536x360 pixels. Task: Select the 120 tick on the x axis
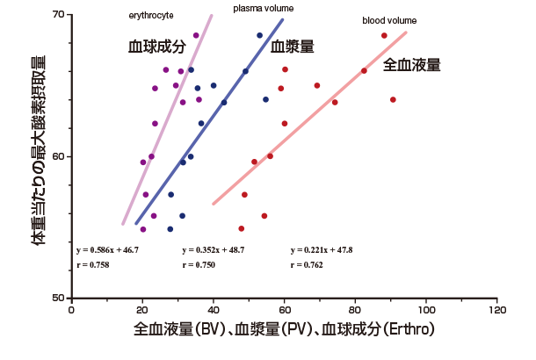(x=497, y=310)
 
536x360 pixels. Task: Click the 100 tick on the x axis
(x=426, y=310)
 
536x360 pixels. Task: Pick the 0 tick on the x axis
(x=71, y=310)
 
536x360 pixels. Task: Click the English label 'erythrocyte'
(x=151, y=16)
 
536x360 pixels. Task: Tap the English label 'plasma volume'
(x=264, y=9)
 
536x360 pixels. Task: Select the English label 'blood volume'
(x=389, y=20)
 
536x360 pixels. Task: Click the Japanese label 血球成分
(x=157, y=47)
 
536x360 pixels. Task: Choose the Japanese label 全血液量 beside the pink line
(x=412, y=65)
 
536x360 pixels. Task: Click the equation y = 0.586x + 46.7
(x=107, y=249)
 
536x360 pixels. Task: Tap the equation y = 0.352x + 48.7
(x=213, y=249)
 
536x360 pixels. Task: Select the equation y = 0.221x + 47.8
(x=322, y=249)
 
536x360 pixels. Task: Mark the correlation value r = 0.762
(x=308, y=264)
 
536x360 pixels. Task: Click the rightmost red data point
(x=393, y=100)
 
